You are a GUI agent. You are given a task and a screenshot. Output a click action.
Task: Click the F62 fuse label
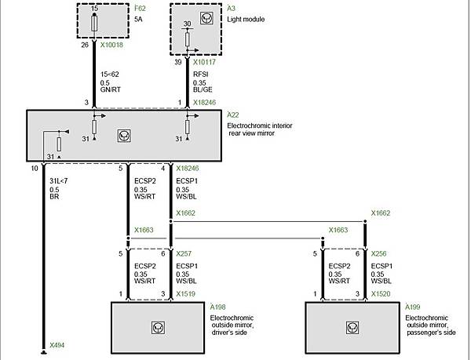point(140,9)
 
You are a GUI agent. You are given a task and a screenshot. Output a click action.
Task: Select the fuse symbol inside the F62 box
point(94,24)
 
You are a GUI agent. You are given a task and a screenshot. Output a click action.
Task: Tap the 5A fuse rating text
point(138,19)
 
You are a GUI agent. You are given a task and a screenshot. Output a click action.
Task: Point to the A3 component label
point(231,9)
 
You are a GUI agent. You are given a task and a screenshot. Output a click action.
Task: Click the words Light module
point(246,19)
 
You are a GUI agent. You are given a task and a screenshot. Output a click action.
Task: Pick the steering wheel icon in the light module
point(206,18)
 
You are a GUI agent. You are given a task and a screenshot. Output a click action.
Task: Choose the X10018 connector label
point(111,45)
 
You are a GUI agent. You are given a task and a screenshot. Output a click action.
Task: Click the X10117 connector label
point(204,62)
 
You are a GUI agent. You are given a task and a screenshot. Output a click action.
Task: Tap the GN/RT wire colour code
point(111,89)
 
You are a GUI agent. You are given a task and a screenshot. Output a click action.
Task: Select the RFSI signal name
point(201,75)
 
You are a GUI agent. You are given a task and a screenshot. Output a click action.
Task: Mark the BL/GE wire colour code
point(203,89)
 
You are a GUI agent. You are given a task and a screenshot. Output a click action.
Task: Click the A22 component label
point(233,115)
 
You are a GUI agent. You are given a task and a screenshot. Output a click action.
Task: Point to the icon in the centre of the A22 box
point(124,136)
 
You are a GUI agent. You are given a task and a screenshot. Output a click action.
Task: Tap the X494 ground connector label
point(57,345)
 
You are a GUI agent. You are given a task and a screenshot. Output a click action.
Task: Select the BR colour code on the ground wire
point(54,197)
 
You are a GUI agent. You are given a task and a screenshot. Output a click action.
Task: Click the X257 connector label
point(184,254)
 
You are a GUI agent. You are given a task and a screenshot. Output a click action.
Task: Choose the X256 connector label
point(378,254)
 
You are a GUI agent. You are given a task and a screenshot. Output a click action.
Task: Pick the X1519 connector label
point(185,294)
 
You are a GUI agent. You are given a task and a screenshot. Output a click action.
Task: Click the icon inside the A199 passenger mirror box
point(352,328)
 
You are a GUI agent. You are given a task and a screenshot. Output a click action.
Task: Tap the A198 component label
point(217,307)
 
